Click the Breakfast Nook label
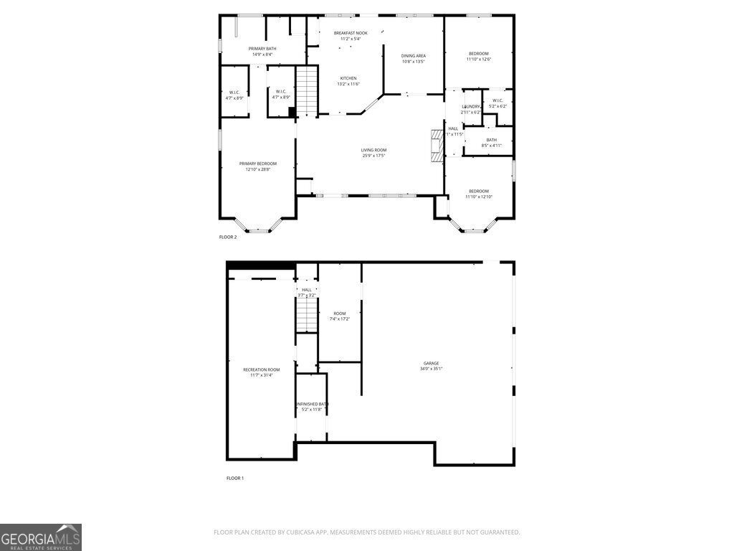tap(351, 33)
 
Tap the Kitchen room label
tap(348, 78)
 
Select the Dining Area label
tap(414, 56)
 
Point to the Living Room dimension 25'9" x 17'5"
tap(373, 156)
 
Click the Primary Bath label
tap(262, 49)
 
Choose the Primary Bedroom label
tap(257, 164)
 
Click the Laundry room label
tap(471, 106)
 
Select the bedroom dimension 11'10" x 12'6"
tap(479, 60)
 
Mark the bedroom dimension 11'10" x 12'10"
tap(479, 197)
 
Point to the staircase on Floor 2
tap(307, 90)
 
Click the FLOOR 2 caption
tap(228, 237)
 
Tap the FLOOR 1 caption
tap(235, 478)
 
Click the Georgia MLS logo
tap(41, 537)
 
